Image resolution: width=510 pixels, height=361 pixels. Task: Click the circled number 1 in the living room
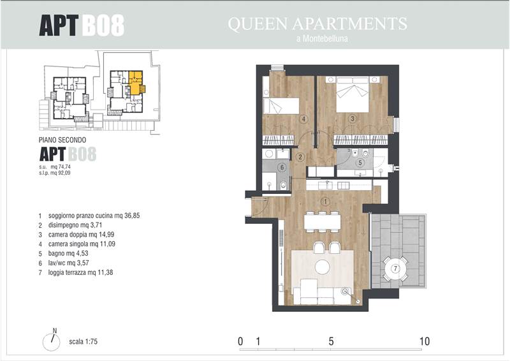(x=325, y=202)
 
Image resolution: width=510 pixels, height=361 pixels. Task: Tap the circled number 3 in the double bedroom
(x=353, y=119)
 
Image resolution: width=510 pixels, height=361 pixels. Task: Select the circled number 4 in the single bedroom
(x=304, y=119)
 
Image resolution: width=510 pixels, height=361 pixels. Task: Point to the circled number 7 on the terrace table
(x=395, y=269)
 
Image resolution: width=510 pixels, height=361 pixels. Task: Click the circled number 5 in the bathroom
(x=360, y=162)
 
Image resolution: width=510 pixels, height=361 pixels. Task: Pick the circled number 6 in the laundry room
(x=282, y=168)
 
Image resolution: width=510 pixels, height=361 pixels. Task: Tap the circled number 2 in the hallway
(x=300, y=158)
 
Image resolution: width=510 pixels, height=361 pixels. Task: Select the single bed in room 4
(x=280, y=106)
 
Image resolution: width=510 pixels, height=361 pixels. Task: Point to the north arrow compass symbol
(x=52, y=341)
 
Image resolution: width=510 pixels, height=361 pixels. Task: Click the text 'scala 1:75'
(x=84, y=341)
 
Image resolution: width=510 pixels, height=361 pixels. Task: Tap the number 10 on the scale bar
(x=425, y=341)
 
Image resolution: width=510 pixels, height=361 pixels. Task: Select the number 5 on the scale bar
(x=331, y=341)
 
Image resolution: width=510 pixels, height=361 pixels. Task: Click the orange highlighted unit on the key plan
(x=136, y=83)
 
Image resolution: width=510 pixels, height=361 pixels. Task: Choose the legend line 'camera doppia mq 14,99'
(x=82, y=234)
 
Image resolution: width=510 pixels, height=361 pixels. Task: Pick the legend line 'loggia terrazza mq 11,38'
(x=81, y=272)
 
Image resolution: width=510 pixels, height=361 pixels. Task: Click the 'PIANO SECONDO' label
(x=62, y=140)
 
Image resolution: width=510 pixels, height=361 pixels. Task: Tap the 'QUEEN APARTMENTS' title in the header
(x=317, y=24)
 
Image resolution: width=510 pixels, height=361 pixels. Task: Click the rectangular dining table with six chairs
(x=323, y=222)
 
